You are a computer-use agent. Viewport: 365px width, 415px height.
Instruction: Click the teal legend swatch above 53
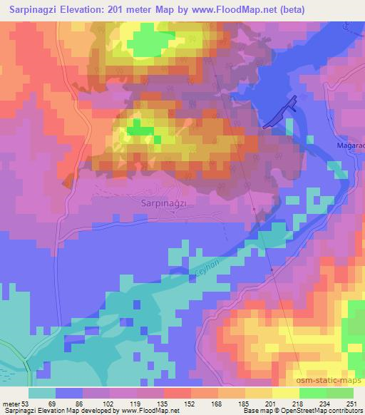[x=42, y=393]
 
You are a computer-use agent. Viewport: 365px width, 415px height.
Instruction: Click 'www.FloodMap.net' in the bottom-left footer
[x=139, y=411]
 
